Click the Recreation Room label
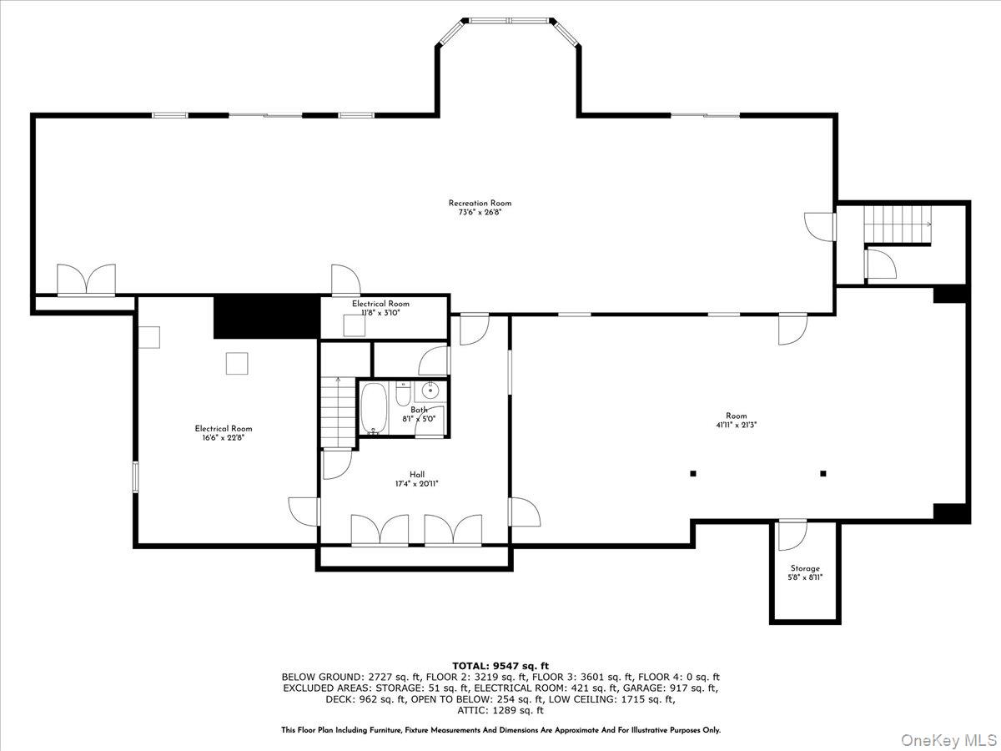pos(480,203)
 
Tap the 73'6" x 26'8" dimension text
pos(480,212)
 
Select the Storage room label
pos(805,568)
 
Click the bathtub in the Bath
pos(374,408)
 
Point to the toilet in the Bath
pos(403,394)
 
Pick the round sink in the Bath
pos(430,391)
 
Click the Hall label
pos(417,475)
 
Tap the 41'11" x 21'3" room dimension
pos(737,425)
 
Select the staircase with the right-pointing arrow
pos(898,224)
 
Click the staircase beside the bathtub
pos(338,412)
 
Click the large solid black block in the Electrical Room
pos(267,317)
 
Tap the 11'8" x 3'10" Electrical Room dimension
pos(380,313)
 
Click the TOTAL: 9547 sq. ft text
pos(500,666)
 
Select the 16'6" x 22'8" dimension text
pos(223,438)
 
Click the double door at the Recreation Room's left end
pos(86,280)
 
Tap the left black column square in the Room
pos(693,474)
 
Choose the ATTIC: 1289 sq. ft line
pos(500,710)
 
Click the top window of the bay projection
pos(510,21)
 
